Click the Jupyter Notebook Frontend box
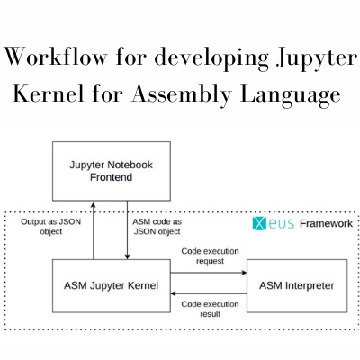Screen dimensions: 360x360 click(x=112, y=171)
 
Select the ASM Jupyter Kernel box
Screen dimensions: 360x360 click(x=112, y=286)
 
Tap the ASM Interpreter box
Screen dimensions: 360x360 click(x=297, y=286)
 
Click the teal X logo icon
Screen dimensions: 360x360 click(x=259, y=223)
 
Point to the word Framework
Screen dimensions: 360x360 click(x=326, y=223)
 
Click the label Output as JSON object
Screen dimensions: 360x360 click(x=51, y=227)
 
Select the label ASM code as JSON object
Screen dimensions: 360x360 click(x=157, y=227)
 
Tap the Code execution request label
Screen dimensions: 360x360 click(x=210, y=256)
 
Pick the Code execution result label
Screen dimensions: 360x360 click(x=210, y=309)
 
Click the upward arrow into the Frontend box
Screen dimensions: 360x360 click(x=93, y=231)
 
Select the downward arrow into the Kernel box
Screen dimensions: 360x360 click(x=127, y=230)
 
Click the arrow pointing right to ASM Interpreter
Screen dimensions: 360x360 click(x=209, y=273)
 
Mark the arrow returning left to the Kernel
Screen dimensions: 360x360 click(x=209, y=293)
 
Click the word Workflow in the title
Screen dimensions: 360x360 click(x=56, y=57)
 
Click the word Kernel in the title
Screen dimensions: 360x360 click(x=49, y=94)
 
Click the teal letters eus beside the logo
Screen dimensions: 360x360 click(x=282, y=224)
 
